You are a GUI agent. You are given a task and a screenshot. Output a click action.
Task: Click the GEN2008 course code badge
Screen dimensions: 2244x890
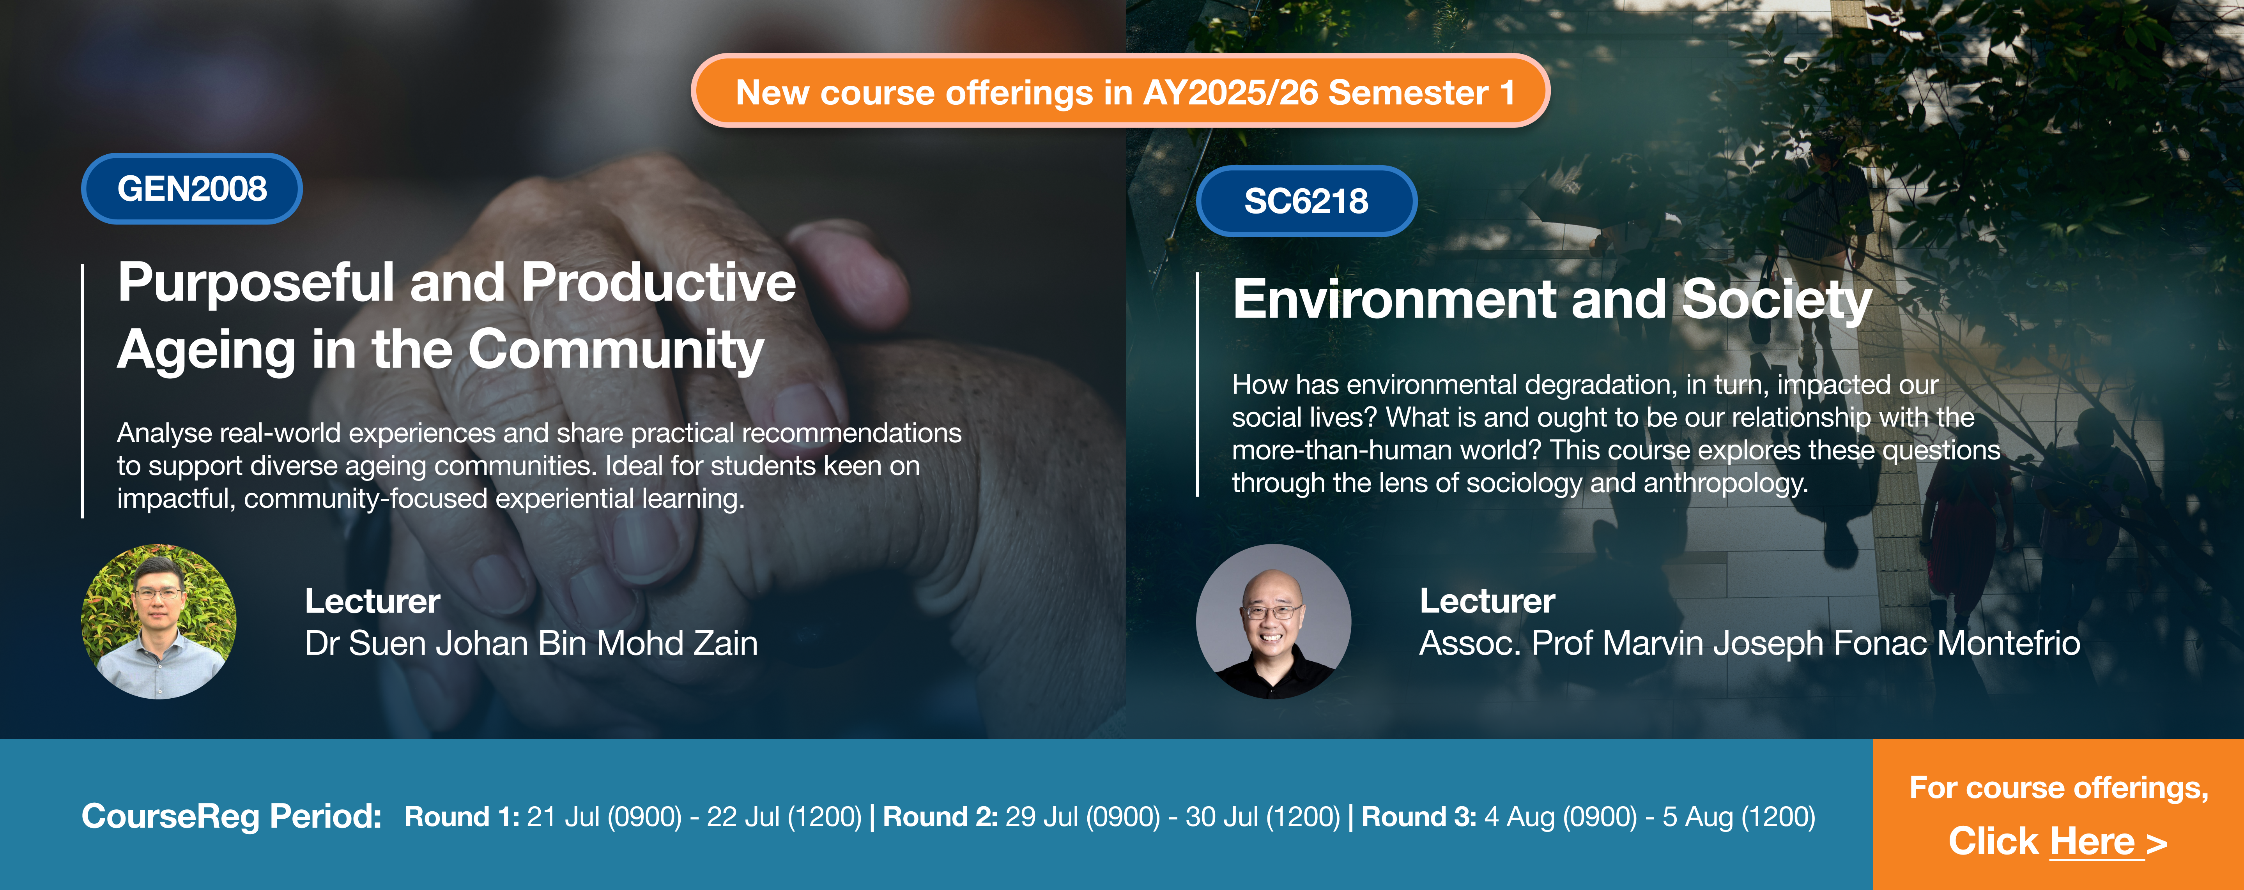[192, 189]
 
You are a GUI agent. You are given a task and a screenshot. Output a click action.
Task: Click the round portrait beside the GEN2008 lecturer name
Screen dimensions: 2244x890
[159, 622]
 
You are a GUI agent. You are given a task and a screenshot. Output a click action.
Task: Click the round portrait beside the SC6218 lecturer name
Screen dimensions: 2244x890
[1274, 622]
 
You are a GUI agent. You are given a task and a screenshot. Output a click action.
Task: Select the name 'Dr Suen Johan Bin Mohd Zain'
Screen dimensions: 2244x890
[531, 644]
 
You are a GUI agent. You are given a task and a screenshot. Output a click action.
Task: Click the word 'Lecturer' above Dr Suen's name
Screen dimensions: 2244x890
[373, 601]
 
